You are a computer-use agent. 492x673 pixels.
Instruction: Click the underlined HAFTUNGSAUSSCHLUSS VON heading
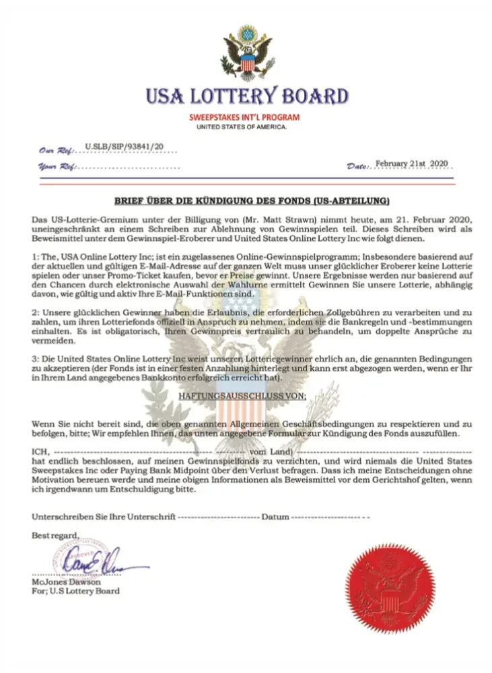(244, 397)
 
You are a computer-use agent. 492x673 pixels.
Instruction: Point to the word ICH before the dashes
(40, 451)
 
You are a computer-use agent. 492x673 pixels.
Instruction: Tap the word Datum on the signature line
(276, 517)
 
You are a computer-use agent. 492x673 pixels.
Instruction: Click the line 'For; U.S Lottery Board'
(75, 591)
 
